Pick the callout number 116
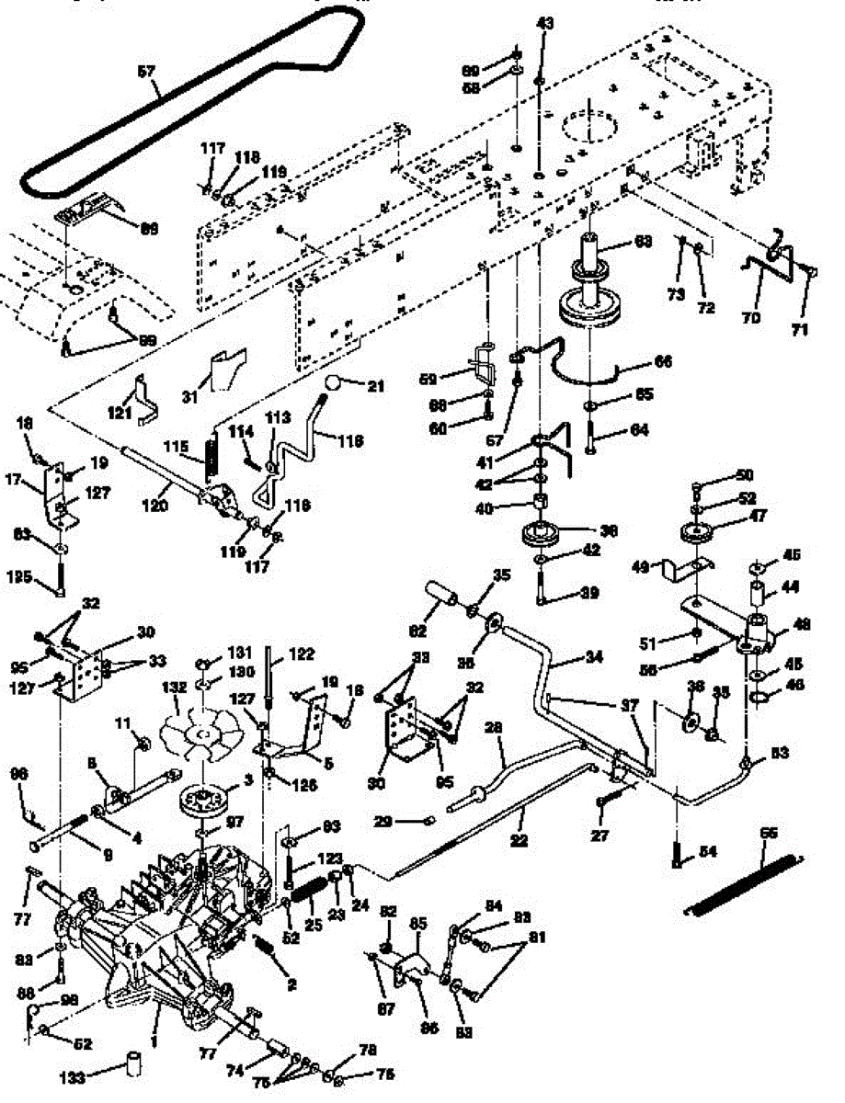[x=349, y=442]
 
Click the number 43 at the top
[x=545, y=23]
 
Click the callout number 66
[x=661, y=362]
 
